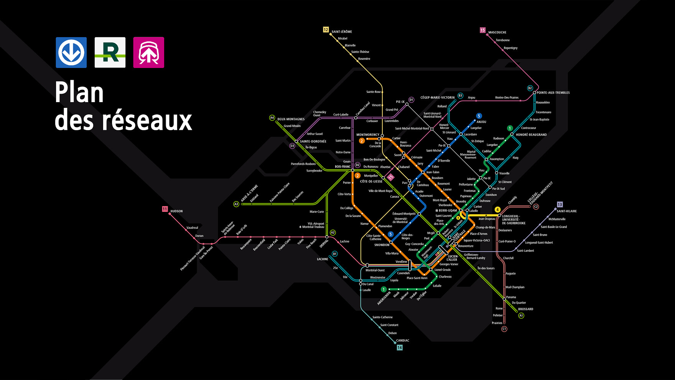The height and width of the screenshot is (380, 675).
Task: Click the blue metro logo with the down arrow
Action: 71,53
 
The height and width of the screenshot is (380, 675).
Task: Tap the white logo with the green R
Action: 110,53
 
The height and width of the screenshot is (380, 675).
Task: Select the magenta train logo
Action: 148,53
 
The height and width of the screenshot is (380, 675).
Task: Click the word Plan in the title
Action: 79,93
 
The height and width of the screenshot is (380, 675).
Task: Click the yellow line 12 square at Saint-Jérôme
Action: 326,30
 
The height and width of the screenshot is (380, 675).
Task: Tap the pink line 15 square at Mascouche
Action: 482,30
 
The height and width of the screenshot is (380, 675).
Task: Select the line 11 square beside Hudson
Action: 165,209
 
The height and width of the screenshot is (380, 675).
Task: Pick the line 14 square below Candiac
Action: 400,348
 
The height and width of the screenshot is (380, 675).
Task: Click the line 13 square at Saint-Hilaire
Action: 560,205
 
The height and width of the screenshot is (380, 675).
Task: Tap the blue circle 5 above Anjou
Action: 479,116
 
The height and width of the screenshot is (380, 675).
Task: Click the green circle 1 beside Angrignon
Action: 384,289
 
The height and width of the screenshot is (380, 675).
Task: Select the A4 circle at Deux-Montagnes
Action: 272,118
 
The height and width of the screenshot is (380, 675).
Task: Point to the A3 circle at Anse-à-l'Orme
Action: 236,204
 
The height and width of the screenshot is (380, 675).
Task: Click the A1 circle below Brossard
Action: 521,316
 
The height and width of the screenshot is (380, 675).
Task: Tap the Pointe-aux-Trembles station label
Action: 553,93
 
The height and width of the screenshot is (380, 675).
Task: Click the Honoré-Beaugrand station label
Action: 531,135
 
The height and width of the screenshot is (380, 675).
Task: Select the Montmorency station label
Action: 368,135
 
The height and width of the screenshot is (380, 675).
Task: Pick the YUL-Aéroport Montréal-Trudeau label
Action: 313,225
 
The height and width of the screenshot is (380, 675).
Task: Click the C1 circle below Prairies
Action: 504,329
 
